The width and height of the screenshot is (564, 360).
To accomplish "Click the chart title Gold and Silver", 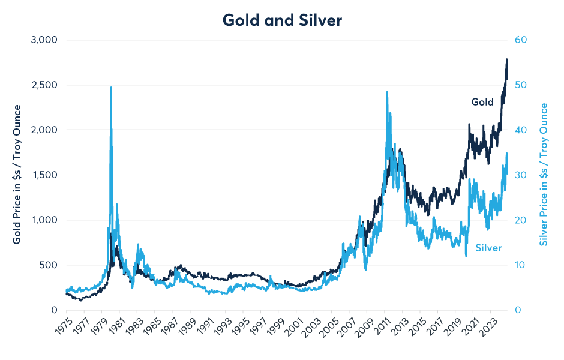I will point(282,20).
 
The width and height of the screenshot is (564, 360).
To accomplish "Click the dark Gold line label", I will point(482,102).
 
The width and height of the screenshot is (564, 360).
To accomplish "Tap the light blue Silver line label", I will point(488,247).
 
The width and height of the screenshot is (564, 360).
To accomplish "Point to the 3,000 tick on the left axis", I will point(43,40).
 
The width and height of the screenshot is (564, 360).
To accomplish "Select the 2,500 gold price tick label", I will point(43,85).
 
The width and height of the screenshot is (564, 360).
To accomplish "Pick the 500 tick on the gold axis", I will point(48,265).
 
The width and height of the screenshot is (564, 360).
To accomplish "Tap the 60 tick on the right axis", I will point(520,40).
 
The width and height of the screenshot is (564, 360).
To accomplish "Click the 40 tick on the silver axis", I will point(520,130).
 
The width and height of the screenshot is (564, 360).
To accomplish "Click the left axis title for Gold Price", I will point(17,174).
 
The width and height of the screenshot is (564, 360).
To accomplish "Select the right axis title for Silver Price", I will point(544,174).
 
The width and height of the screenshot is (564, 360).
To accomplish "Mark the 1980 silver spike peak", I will point(111,88).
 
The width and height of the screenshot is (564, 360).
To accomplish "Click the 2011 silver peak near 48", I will point(387,92).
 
